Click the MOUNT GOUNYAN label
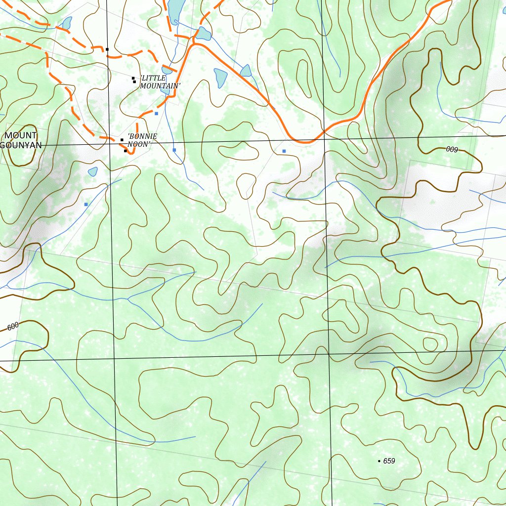click(21, 140)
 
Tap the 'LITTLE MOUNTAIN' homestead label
click(160, 82)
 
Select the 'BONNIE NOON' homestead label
click(142, 140)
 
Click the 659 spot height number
click(389, 461)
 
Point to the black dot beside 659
click(379, 461)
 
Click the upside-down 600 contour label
click(452, 149)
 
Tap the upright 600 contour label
click(13, 326)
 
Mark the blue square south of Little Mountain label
click(157, 114)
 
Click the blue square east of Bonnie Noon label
click(174, 150)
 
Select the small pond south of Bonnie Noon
click(92, 171)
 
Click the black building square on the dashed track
click(107, 49)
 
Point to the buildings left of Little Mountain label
click(133, 80)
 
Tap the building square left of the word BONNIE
click(122, 140)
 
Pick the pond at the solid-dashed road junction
click(203, 34)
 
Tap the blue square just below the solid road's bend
click(284, 151)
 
